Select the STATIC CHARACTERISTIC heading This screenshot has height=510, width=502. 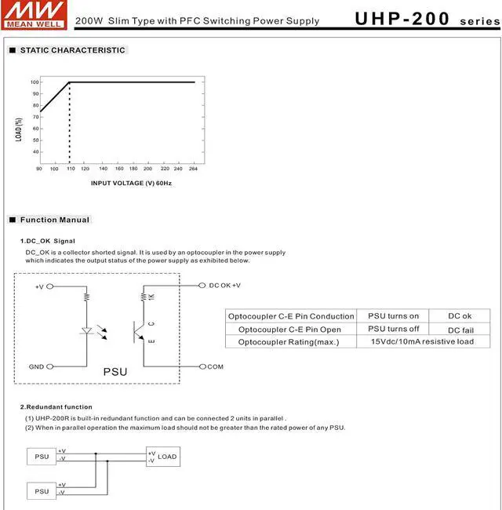[71, 50]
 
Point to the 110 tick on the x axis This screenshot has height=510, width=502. [69, 169]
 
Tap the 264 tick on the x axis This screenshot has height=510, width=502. [194, 169]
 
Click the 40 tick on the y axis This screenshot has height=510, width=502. [35, 151]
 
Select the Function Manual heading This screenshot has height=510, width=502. [54, 220]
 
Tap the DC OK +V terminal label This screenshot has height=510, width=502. [225, 286]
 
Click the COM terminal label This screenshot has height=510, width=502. [216, 366]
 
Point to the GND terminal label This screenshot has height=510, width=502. [36, 366]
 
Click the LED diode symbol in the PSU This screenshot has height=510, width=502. [87, 331]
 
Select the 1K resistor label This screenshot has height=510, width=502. [151, 296]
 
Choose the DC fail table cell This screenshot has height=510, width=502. [460, 330]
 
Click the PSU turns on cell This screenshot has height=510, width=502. [393, 315]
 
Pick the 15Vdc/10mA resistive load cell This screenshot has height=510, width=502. [422, 342]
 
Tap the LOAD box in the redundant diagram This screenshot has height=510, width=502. [163, 457]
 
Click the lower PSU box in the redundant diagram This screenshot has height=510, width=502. [42, 491]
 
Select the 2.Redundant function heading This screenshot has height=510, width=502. [56, 407]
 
